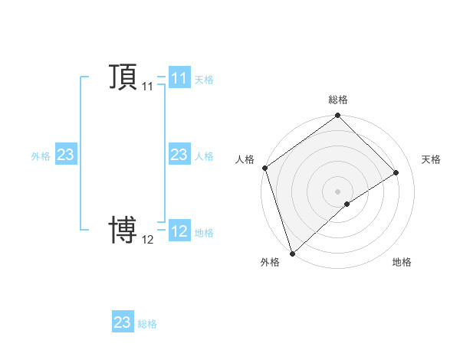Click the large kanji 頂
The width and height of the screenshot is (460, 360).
pos(123,77)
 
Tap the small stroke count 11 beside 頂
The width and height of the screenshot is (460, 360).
pos(148,87)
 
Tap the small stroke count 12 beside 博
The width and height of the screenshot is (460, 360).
pos(148,240)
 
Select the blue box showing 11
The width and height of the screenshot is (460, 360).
pos(179,78)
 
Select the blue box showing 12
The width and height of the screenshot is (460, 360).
pos(179,231)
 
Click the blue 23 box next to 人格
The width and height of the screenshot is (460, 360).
pos(179,155)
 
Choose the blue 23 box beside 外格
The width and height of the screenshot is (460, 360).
pos(65,155)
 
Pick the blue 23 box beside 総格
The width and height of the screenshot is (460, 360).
pos(123,322)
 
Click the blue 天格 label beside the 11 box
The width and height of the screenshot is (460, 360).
pos(204,79)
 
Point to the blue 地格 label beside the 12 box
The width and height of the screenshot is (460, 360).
pos(204,232)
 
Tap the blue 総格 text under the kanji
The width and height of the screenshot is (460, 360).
pos(147,323)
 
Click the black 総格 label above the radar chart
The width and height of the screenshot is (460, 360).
pos(337,100)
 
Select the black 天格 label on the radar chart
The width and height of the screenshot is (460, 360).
pos(431,159)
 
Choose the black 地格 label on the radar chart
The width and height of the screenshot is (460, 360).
pos(402,262)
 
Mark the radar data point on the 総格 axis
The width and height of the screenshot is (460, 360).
pos(337,116)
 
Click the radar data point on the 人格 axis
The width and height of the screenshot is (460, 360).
pos(264,168)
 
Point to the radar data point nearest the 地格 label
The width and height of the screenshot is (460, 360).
pos(347,204)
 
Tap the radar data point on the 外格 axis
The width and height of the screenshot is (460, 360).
pos(292,252)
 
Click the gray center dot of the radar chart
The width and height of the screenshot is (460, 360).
pos(337,191)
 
